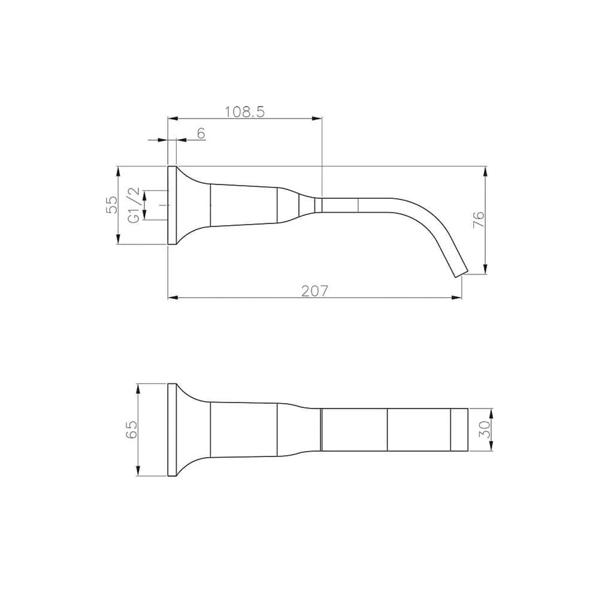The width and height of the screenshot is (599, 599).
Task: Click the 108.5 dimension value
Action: point(244,112)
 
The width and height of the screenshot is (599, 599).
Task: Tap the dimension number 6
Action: point(201,134)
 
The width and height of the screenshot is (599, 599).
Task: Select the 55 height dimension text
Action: point(112,205)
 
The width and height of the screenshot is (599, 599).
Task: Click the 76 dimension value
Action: point(479,219)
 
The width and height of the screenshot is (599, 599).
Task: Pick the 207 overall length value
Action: point(314,291)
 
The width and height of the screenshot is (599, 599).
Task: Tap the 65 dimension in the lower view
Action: point(131,429)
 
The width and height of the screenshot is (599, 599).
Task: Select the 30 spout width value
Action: point(484,429)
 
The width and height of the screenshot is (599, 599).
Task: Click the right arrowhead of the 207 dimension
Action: point(457,298)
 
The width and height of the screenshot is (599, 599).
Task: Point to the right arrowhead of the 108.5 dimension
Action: point(317,119)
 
